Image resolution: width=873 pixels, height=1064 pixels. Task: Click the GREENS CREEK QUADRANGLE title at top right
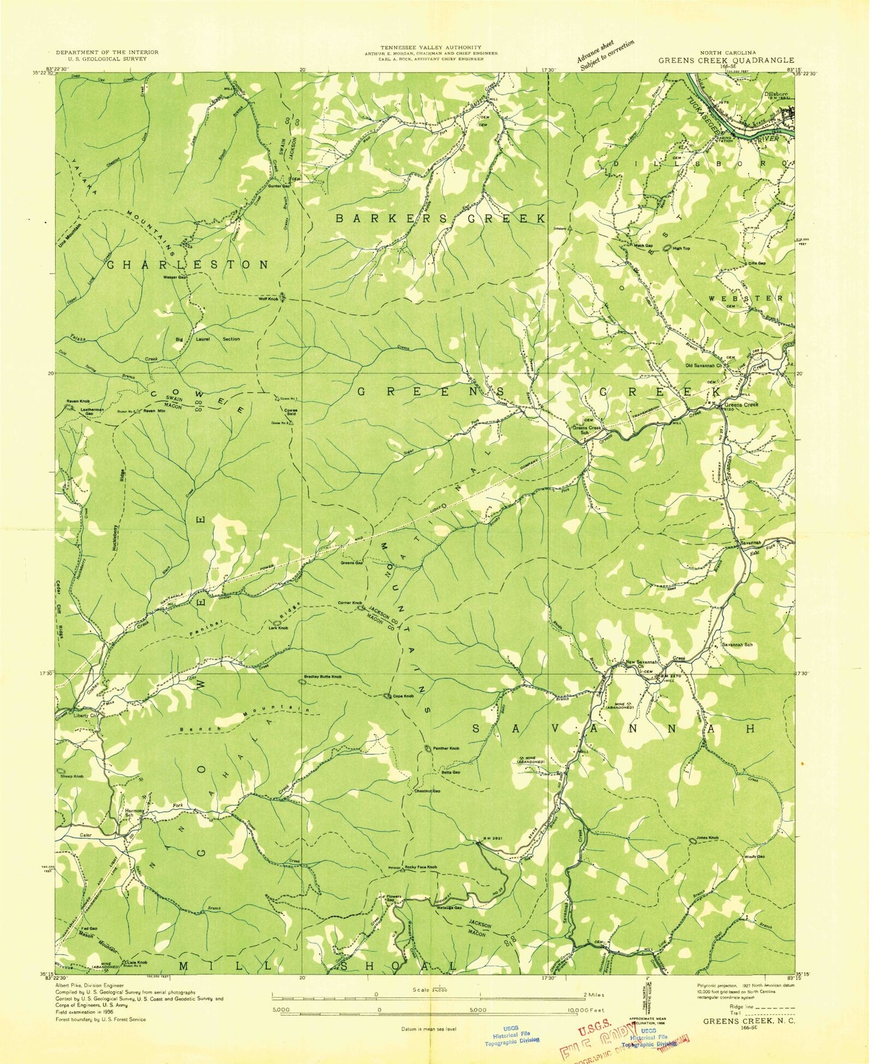coord(726,60)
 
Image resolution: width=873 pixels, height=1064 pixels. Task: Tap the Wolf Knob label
coord(268,299)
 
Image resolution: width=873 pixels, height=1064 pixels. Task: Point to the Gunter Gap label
coord(277,186)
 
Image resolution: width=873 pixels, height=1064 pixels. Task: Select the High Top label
coord(681,248)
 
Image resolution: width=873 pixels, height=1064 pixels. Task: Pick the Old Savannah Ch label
coord(704,366)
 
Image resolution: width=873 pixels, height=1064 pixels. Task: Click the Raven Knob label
coord(79,401)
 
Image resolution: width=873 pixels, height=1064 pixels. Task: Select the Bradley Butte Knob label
coord(323,677)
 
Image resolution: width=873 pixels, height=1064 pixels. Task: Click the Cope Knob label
coord(403,696)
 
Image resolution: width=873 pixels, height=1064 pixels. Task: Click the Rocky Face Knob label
coord(420,868)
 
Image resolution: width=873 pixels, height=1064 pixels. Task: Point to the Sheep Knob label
coord(71,776)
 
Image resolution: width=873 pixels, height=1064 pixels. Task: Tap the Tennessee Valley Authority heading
coord(431,47)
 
